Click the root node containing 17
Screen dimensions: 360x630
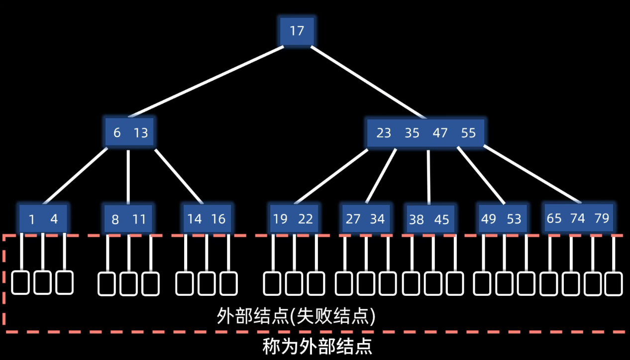pos(297,31)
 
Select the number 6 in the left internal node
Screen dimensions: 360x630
pos(117,133)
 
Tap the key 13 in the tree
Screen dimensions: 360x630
pos(141,133)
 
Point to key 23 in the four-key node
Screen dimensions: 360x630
pos(384,133)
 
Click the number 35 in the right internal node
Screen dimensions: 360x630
pos(412,133)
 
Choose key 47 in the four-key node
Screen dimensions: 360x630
pos(440,133)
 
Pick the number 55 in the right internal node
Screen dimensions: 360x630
pos(468,133)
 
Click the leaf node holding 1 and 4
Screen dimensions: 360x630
pos(43,219)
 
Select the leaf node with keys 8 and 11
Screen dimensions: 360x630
pos(128,220)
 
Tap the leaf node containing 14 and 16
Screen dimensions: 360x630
pos(207,219)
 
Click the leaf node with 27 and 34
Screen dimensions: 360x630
pos(365,219)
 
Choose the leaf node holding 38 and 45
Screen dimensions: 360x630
pos(429,220)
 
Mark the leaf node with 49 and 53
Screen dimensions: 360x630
pos(501,219)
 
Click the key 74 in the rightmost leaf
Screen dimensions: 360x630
pos(578,218)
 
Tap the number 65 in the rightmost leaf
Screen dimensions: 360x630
pos(554,218)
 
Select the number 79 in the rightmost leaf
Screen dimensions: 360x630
pos(602,218)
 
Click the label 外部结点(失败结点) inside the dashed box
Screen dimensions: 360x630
pos(296,316)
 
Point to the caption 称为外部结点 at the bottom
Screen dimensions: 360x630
pos(317,346)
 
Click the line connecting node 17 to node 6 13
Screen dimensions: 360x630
pos(207,82)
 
